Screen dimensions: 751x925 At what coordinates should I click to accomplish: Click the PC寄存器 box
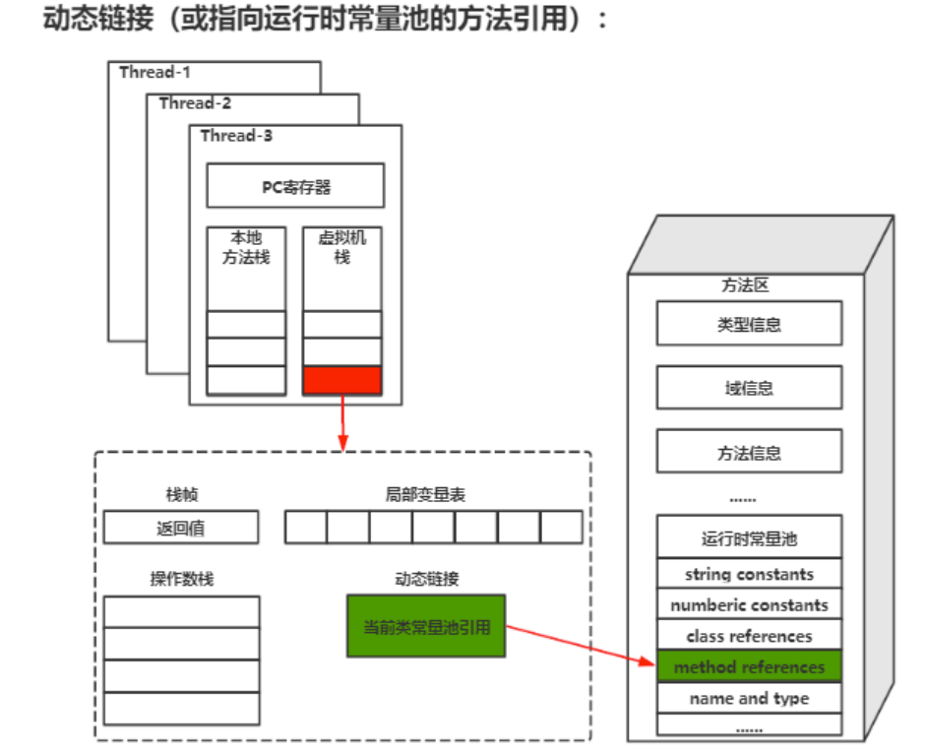click(x=295, y=186)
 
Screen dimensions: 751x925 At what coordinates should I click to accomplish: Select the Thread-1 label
click(x=154, y=72)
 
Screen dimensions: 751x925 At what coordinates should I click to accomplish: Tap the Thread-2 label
click(x=195, y=103)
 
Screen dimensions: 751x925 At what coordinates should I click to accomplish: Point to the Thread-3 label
click(x=236, y=136)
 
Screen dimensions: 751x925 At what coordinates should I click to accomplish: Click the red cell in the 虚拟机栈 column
click(x=341, y=380)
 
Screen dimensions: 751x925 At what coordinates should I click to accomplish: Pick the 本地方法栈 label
click(x=246, y=248)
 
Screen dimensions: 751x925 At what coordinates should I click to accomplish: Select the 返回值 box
click(x=181, y=528)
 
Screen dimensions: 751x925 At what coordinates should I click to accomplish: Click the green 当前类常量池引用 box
click(x=426, y=626)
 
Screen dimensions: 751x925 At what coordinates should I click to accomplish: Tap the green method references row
click(x=749, y=667)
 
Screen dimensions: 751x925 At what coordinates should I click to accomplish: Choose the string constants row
click(x=749, y=574)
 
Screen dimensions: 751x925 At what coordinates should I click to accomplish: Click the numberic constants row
click(x=749, y=605)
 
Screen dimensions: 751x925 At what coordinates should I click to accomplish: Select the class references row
click(x=749, y=636)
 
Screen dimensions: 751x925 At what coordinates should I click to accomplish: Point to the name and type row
click(x=749, y=699)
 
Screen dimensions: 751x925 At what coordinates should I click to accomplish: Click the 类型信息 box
click(x=749, y=324)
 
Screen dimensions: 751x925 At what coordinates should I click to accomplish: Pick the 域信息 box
click(x=749, y=388)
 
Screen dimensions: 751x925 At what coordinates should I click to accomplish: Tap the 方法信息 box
click(x=749, y=453)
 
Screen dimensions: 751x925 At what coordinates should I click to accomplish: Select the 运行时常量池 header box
click(x=749, y=538)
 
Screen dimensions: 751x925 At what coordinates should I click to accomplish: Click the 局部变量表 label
click(x=425, y=495)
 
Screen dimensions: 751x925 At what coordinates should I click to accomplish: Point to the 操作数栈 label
click(x=181, y=579)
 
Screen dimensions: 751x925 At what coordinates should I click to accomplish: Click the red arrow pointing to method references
click(x=581, y=646)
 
